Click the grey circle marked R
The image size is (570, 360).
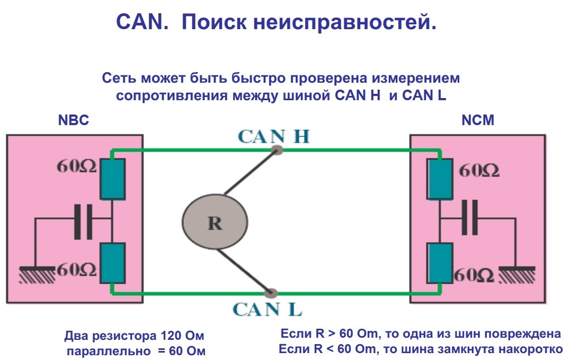(x=215, y=222)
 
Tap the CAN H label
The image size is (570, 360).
(x=273, y=136)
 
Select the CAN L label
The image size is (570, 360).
(x=268, y=309)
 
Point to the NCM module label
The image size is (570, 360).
(x=478, y=120)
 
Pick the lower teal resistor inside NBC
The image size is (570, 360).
(x=112, y=262)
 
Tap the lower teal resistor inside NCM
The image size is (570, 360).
(x=440, y=262)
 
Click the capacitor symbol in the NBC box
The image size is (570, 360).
(x=83, y=221)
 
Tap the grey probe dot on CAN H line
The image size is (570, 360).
(x=276, y=151)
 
